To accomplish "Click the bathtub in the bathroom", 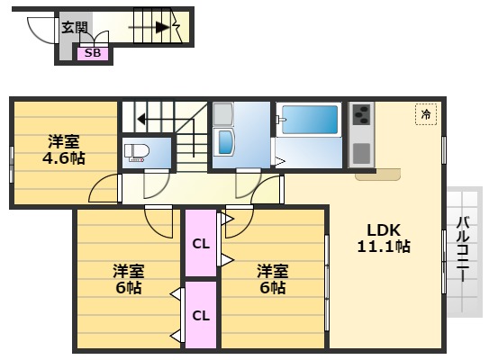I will [309, 120].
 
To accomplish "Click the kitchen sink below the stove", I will [360, 153].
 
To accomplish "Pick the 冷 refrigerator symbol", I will [425, 114].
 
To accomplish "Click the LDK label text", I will [383, 228].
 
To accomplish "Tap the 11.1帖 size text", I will [383, 246].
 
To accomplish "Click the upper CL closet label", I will [201, 242].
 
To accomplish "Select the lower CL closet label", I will [201, 315].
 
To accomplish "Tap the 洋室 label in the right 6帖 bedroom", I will [272, 270].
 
